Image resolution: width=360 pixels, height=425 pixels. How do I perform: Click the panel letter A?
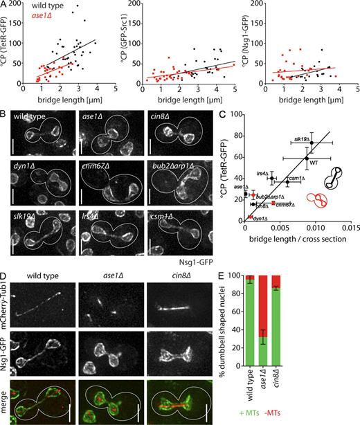[x=4, y=5]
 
